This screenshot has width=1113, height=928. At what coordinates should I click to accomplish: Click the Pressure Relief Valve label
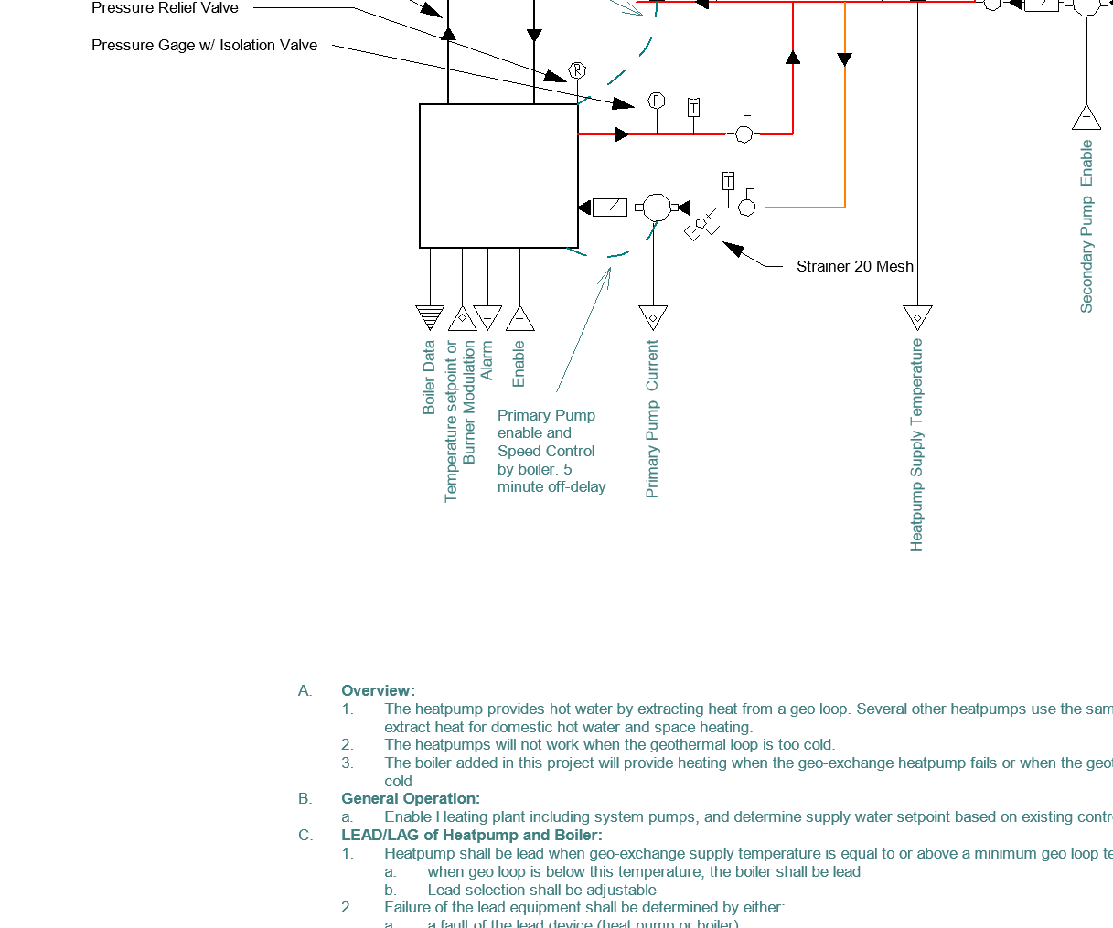[x=165, y=8]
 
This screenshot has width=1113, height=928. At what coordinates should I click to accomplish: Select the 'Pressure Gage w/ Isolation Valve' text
[x=204, y=45]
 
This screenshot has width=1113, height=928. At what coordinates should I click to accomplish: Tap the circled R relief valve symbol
[x=577, y=70]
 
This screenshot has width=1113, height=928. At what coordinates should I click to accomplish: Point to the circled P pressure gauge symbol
[x=656, y=101]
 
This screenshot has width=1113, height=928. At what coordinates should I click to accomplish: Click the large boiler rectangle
[x=498, y=176]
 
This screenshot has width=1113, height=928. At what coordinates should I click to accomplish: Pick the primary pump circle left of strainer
[x=656, y=208]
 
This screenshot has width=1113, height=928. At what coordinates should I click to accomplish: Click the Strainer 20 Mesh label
[x=854, y=266]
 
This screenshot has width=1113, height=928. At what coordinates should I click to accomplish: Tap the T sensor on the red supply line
[x=693, y=108]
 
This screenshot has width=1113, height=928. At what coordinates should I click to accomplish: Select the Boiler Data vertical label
[x=429, y=378]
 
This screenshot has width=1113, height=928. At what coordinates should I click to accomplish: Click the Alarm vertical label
[x=487, y=360]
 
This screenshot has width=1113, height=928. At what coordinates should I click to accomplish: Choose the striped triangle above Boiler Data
[x=429, y=316]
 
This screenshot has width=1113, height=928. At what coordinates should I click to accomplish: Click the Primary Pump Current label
[x=652, y=419]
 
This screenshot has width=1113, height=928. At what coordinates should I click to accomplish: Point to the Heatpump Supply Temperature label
[x=916, y=444]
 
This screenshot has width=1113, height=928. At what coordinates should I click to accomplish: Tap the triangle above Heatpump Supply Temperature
[x=917, y=316]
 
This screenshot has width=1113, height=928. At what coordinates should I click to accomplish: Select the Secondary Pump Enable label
[x=1086, y=226]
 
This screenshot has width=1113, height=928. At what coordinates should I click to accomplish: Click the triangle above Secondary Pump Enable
[x=1086, y=118]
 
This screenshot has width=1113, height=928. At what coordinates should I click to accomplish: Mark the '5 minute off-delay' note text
[x=551, y=478]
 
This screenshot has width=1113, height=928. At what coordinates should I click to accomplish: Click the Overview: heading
[x=378, y=690]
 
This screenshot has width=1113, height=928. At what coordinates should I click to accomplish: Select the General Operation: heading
[x=410, y=798]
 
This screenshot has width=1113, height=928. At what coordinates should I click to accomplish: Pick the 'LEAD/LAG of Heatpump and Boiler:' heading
[x=471, y=835]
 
